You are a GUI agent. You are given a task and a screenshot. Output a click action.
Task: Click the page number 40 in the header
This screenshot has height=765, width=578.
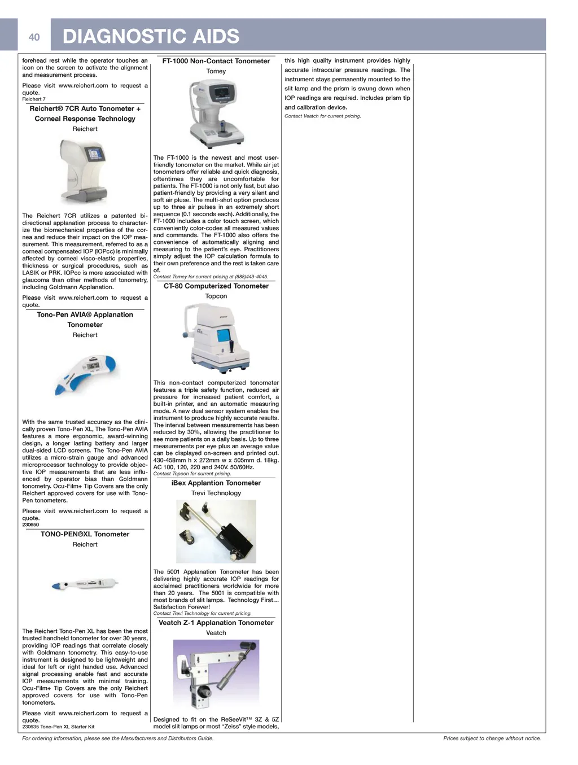34,37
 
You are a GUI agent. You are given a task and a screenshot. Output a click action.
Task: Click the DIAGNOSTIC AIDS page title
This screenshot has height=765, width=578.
151,37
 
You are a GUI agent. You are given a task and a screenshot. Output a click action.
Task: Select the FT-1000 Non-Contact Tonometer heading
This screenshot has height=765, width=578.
216,61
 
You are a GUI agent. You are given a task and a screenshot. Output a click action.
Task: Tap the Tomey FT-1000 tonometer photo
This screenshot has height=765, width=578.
216,113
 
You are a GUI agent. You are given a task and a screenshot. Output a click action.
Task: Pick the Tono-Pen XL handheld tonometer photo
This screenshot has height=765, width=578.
85,585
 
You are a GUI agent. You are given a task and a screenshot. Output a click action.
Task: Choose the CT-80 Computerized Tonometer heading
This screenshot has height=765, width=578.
216,286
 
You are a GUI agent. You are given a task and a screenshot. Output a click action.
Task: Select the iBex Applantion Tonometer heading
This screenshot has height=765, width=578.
216,483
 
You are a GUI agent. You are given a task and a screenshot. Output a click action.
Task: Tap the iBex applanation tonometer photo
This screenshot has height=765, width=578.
216,531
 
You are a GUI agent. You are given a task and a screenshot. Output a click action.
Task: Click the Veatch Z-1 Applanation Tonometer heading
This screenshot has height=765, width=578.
216,623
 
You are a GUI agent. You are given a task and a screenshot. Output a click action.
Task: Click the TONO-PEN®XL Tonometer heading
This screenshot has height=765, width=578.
85,534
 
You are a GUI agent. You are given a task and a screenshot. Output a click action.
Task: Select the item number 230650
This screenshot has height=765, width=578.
30,524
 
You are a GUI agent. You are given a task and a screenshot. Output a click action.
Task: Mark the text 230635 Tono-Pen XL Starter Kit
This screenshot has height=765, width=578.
58,727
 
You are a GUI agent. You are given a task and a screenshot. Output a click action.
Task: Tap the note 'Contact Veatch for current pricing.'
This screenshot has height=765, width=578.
322,116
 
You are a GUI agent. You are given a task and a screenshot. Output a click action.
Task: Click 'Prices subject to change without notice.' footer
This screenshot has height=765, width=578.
492,738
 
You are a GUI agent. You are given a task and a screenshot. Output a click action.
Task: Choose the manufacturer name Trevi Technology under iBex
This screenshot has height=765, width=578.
216,493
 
